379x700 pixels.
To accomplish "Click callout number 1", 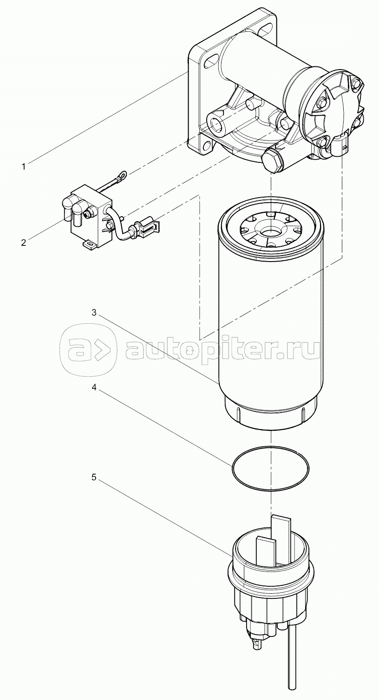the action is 23,167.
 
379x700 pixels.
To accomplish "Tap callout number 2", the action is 24,243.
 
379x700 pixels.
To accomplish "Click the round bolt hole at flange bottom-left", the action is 207,145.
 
